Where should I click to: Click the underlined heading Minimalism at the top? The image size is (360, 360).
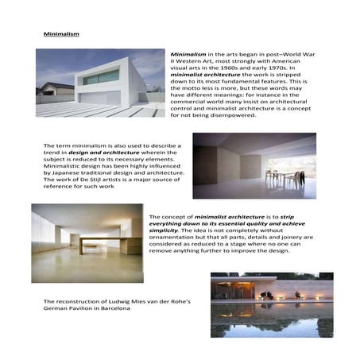click(x=61, y=36)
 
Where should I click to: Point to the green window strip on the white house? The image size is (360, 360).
click(x=102, y=77)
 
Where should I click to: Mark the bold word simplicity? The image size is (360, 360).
click(x=166, y=229)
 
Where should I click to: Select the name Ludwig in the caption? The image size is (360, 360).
click(x=116, y=302)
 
